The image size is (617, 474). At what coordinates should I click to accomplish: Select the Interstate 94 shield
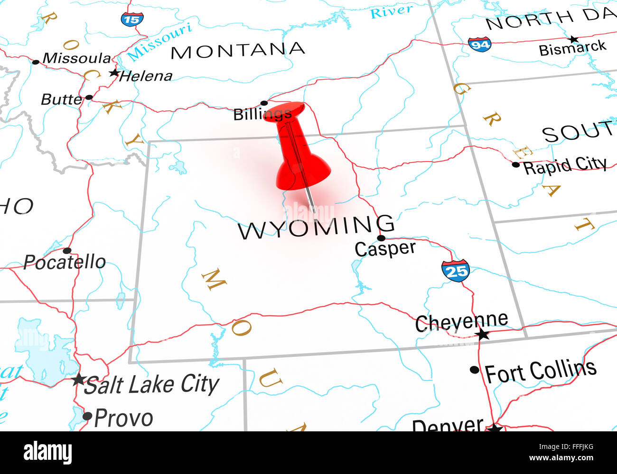479,44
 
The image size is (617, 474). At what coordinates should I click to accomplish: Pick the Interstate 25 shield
455,271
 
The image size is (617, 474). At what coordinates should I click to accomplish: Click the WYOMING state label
316,228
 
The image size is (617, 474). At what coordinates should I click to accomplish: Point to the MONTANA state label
237,50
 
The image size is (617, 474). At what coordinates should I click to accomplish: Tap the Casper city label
385,248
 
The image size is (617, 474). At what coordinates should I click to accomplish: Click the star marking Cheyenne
483,335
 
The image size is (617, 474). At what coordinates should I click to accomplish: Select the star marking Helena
114,73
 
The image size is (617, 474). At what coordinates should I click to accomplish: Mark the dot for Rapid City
515,164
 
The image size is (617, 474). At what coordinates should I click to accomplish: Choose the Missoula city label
77,58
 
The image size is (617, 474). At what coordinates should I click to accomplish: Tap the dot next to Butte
89,98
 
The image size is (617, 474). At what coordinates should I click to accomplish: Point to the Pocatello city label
65,262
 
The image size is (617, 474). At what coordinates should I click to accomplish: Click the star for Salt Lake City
78,379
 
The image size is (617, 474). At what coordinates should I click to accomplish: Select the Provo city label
123,418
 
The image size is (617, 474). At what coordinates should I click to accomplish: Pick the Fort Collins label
540,371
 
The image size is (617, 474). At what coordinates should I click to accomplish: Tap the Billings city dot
264,103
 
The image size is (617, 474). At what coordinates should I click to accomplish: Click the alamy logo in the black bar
47,453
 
